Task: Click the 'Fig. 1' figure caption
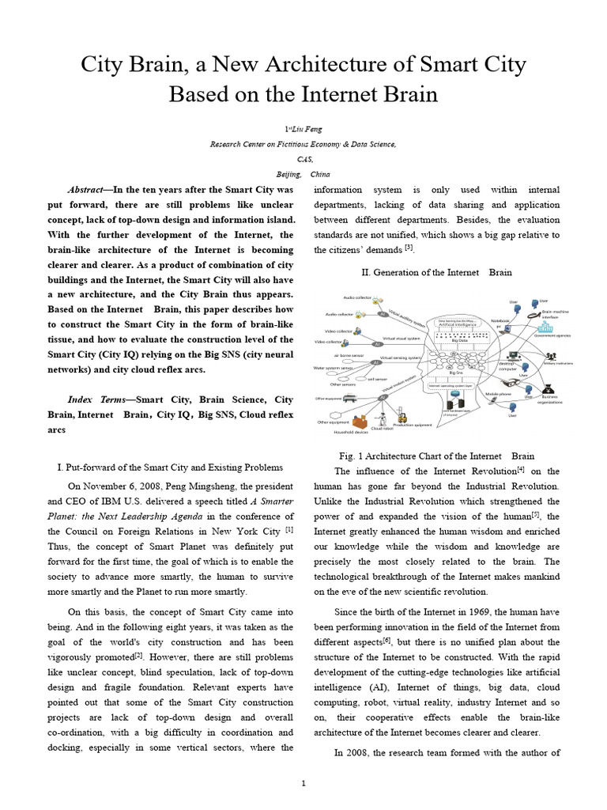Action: click(436, 456)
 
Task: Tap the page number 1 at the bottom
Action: click(303, 783)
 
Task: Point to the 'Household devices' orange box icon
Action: click(360, 422)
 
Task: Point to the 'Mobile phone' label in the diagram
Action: click(498, 393)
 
